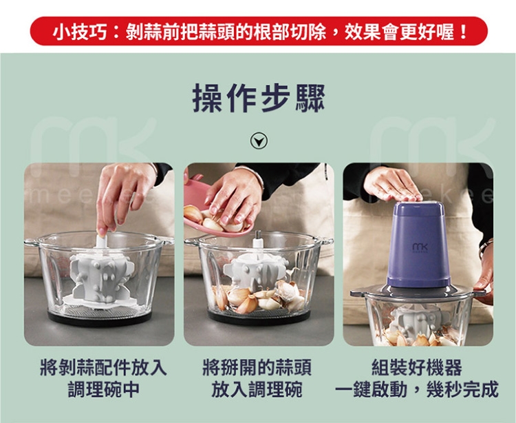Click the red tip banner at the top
click(258, 32)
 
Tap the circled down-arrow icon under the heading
click(258, 142)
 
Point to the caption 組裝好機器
click(416, 368)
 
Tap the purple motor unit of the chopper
click(418, 245)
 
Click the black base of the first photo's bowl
click(100, 318)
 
